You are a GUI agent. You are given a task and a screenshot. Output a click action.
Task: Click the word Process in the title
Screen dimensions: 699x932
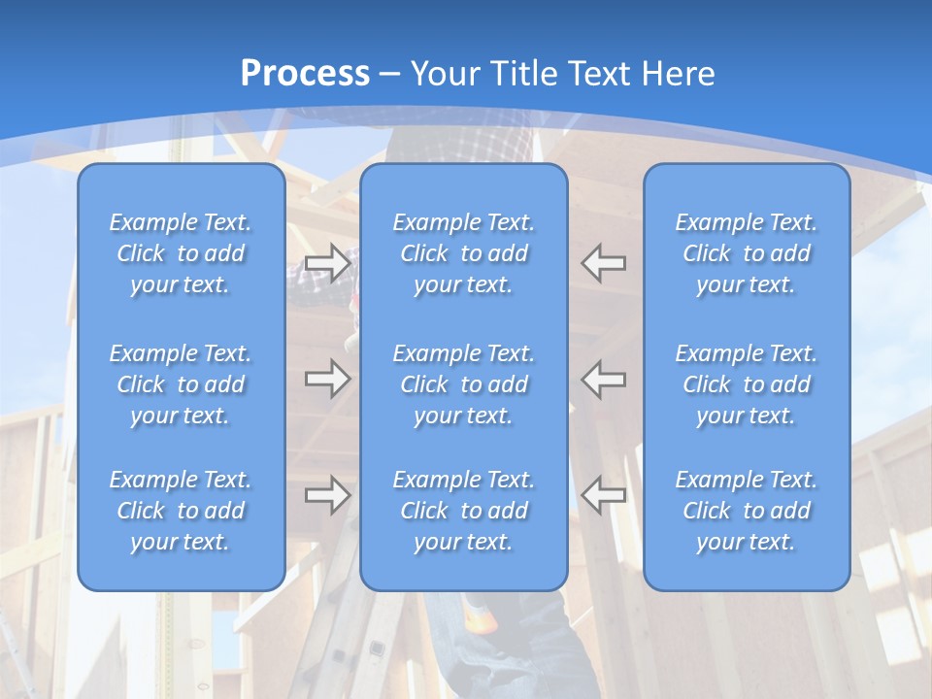[x=305, y=74]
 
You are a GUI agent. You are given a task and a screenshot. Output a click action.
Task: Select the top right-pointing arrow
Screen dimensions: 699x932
[x=327, y=262]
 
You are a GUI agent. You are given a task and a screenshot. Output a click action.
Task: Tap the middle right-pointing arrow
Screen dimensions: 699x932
[x=327, y=378]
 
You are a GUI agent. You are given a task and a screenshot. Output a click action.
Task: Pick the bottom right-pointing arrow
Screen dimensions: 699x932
[x=327, y=494]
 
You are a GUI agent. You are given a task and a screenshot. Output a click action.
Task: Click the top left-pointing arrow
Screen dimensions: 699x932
[x=603, y=262]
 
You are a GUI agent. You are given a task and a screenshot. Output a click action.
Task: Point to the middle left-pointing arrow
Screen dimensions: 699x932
[x=603, y=378]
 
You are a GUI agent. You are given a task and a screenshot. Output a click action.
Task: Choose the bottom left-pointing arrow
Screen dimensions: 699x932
[x=603, y=494]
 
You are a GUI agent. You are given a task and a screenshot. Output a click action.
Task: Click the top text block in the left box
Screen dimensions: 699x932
[x=181, y=253]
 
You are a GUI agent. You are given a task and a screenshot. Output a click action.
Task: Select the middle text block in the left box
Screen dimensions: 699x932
[x=181, y=384]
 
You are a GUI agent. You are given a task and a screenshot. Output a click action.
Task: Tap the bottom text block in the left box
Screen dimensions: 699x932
[x=181, y=511]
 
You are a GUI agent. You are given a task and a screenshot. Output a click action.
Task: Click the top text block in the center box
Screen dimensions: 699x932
[x=463, y=253]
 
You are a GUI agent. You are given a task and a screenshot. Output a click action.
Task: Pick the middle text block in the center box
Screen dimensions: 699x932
[x=463, y=384]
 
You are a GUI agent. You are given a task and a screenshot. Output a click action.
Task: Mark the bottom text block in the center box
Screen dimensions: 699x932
[x=463, y=511]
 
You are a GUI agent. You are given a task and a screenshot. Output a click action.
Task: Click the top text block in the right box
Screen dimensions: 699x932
[x=746, y=253]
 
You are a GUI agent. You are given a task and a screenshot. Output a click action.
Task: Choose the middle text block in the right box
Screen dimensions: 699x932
[x=746, y=384]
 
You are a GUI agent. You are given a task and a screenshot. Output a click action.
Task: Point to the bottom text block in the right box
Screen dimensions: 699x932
[x=746, y=511]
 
